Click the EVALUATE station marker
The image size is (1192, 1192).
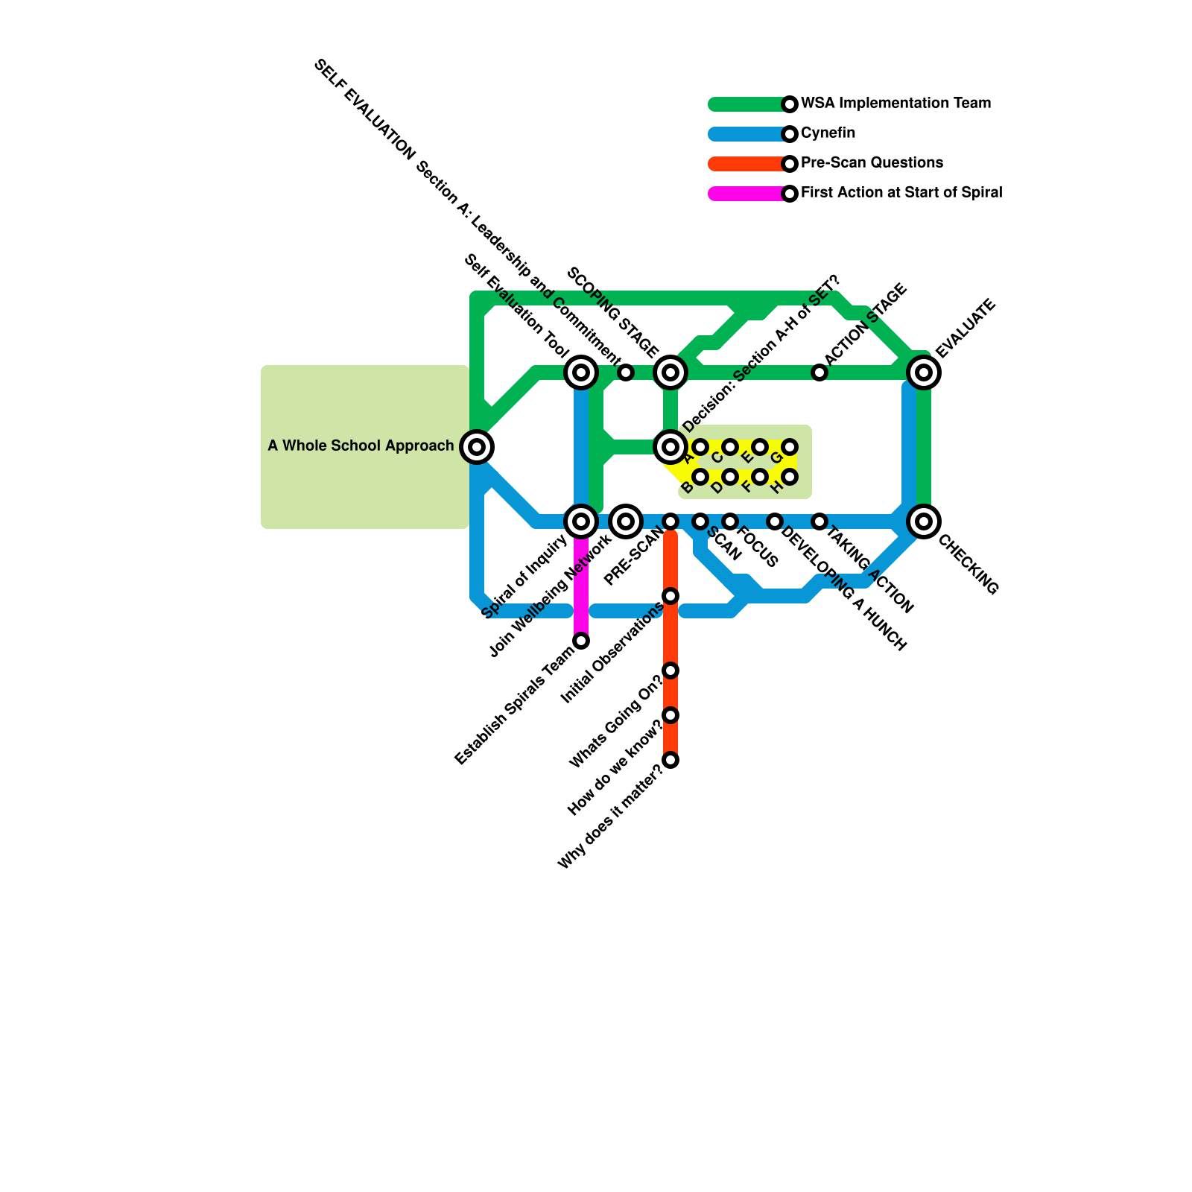pyautogui.click(x=924, y=372)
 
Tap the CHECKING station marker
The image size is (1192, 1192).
pyautogui.click(x=924, y=521)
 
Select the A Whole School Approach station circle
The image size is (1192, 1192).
pyautogui.click(x=477, y=447)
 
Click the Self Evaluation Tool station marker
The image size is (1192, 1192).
pyautogui.click(x=581, y=372)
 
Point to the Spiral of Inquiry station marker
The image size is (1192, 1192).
pyautogui.click(x=581, y=521)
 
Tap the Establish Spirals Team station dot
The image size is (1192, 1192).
pyautogui.click(x=581, y=641)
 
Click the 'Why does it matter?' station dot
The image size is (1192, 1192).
pyautogui.click(x=670, y=760)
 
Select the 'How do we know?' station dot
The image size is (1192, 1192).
pyautogui.click(x=670, y=715)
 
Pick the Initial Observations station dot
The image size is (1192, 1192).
pyautogui.click(x=670, y=596)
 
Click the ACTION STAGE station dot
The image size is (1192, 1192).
pyautogui.click(x=819, y=372)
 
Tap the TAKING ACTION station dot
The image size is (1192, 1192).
pyautogui.click(x=819, y=521)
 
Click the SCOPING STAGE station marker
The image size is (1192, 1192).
pyautogui.click(x=670, y=372)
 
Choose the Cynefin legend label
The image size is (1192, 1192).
pyautogui.click(x=828, y=133)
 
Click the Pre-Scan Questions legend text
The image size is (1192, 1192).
pyautogui.click(x=872, y=163)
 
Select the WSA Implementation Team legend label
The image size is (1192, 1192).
pyautogui.click(x=895, y=104)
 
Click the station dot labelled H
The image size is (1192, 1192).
pyautogui.click(x=790, y=476)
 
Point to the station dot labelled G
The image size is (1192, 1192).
pyautogui.click(x=790, y=447)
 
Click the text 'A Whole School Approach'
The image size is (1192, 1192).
pyautogui.click(x=361, y=446)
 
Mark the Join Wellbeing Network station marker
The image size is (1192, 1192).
pyautogui.click(x=626, y=521)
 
